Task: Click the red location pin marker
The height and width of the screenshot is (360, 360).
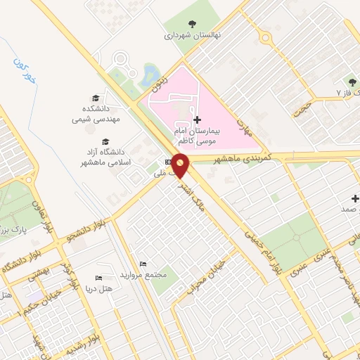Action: [181, 166]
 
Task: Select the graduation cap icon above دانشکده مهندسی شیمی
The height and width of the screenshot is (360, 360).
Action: [95, 98]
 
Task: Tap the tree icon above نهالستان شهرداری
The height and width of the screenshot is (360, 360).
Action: [193, 22]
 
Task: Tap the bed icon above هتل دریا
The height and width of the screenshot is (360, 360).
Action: [98, 278]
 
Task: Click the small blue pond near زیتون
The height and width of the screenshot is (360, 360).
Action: [149, 73]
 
